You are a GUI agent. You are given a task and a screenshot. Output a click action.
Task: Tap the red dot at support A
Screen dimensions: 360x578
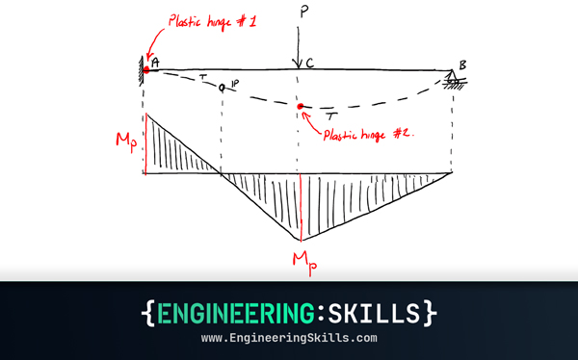pos(146,68)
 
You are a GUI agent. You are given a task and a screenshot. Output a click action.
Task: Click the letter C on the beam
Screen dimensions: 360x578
pos(309,64)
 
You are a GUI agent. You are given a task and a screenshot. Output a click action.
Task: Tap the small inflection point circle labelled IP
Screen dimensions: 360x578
pos(223,88)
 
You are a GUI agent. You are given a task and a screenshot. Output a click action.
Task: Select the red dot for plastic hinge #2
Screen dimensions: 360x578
pos(301,106)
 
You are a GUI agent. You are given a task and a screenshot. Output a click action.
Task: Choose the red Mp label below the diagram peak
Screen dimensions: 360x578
pos(302,257)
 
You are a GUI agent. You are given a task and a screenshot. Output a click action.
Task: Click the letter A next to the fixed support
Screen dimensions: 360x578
pos(157,65)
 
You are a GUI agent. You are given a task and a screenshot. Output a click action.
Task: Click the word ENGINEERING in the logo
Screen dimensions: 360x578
pos(237,314)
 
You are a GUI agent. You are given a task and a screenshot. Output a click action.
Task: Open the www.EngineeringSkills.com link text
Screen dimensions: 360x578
pos(289,340)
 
